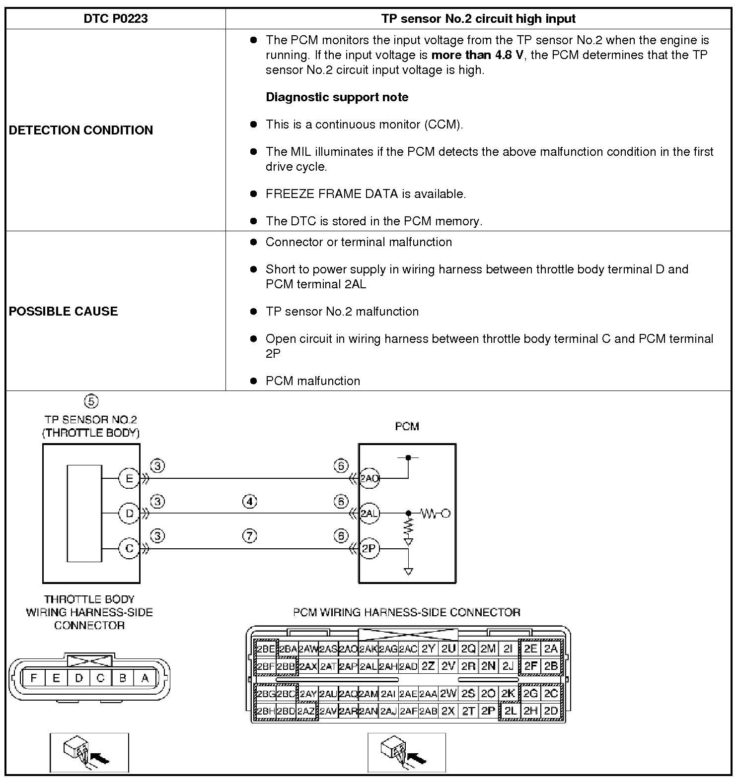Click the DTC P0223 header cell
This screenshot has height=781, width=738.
pos(115,19)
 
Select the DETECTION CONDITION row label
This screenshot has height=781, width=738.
pos(81,130)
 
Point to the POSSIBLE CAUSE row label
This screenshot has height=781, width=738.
pos(64,311)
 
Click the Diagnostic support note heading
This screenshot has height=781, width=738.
pos(337,97)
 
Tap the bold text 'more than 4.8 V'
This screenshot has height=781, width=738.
pos(477,55)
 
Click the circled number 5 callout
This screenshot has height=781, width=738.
pos(91,401)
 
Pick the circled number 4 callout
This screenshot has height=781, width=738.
pos(249,502)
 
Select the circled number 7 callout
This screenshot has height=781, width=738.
pos(249,536)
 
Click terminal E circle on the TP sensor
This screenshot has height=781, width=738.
pos(129,479)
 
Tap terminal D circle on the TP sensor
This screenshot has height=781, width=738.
pos(129,514)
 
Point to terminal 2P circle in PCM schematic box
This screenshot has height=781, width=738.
pos(369,549)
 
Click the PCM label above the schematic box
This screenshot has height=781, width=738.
pos(407,426)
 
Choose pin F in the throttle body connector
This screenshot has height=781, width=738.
pos(34,678)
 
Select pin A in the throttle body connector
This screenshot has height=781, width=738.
pos(145,678)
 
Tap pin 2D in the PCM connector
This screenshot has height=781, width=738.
pos(551,711)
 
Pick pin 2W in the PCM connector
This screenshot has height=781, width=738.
pos(448,693)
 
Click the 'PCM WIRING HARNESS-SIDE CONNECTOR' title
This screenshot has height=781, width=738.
pos(406,612)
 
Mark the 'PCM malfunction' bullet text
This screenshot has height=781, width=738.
pos(312,381)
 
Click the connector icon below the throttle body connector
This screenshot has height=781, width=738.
pos(89,752)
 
